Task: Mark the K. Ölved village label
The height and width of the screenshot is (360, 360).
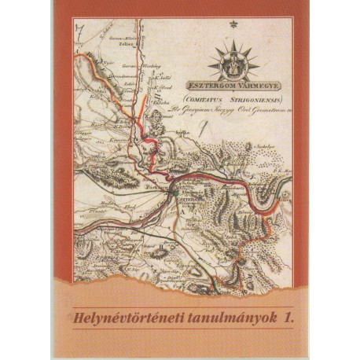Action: [x=165, y=87]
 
